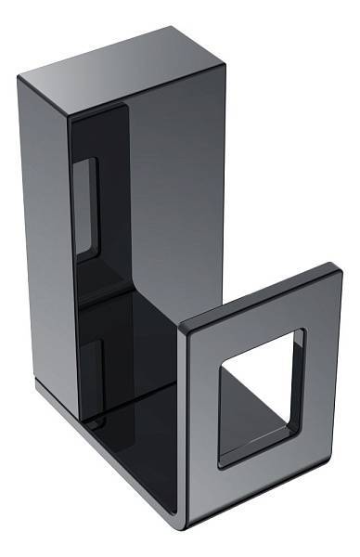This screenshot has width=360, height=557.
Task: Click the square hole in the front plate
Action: click(260, 395)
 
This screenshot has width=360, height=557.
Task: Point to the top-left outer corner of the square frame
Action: click(182, 327)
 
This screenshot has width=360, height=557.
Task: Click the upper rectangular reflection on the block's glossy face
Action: click(85, 204)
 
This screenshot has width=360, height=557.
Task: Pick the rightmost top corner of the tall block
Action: click(224, 60)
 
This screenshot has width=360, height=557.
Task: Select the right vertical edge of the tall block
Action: click(224, 186)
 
